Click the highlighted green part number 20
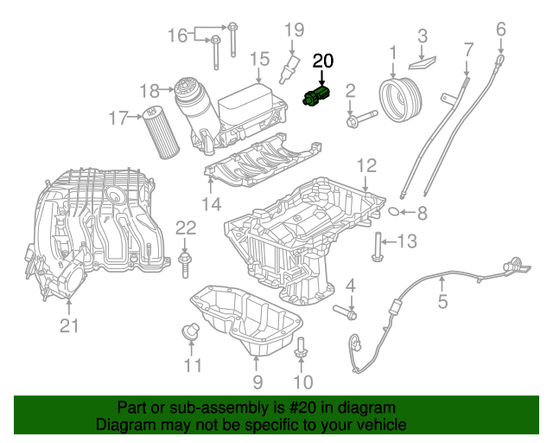316,96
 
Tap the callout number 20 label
322,61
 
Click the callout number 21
68,325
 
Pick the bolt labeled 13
377,246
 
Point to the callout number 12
365,164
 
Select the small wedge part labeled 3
423,60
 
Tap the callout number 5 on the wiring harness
442,302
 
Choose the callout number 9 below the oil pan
257,382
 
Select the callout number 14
212,204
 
